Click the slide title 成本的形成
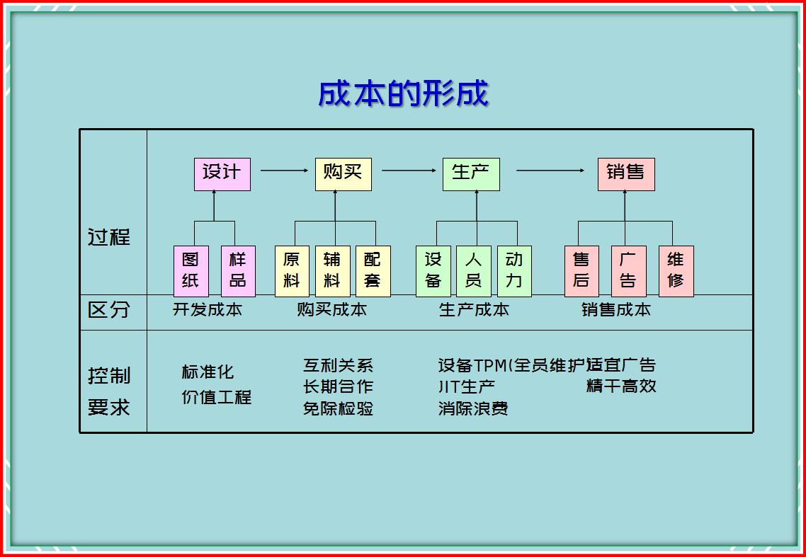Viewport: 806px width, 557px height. (403, 94)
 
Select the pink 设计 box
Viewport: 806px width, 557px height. (222, 174)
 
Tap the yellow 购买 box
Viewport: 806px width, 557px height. (343, 174)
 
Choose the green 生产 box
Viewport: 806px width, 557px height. (471, 174)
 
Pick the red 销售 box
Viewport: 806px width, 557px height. (626, 174)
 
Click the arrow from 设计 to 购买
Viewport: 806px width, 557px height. (284, 170)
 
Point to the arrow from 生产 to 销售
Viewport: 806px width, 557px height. (550, 170)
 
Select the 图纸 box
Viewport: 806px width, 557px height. (191, 271)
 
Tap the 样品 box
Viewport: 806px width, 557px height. (238, 271)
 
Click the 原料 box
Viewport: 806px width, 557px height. (292, 271)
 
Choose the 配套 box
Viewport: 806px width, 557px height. (373, 271)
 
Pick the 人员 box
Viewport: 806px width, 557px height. (473, 271)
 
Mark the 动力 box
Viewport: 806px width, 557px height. (514, 271)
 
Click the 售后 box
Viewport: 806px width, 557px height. (581, 271)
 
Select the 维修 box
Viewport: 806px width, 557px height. (676, 271)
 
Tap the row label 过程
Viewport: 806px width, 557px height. (109, 237)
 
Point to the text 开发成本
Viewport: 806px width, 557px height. (207, 310)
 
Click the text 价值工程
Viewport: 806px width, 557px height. (217, 397)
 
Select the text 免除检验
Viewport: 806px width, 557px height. (339, 409)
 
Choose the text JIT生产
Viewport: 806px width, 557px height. (467, 386)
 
